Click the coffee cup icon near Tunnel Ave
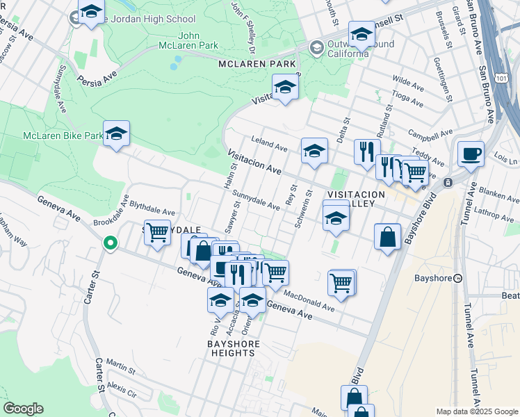coord(471,154)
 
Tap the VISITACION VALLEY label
coord(356,199)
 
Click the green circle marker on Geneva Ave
coord(109,243)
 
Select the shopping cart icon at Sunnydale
coord(158,232)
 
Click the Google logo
coord(23,409)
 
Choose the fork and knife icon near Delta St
coord(366,152)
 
